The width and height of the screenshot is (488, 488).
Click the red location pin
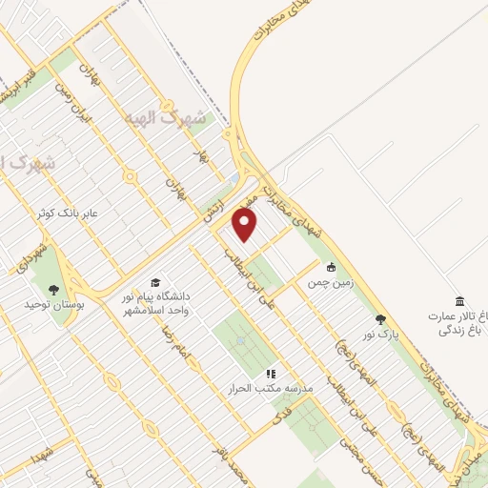[246, 224]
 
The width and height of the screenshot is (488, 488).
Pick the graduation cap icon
[153, 282]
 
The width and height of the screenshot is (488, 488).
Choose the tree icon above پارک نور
[381, 319]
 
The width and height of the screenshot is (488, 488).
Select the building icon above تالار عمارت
[460, 299]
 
